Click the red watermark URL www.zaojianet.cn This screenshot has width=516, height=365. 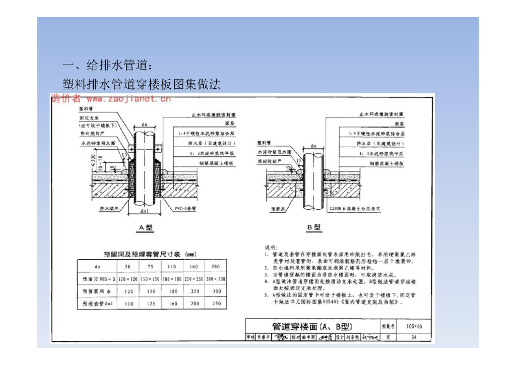coord(128,99)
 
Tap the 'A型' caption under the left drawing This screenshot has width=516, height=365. coord(146,228)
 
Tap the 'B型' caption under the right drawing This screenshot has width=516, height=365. coord(313,228)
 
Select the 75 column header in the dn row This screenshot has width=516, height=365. coord(150,266)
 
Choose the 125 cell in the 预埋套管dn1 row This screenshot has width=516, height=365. coord(150,304)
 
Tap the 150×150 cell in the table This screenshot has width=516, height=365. coord(150,279)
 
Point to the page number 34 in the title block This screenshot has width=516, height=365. coord(413,337)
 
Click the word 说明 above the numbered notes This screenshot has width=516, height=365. coord(271,248)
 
